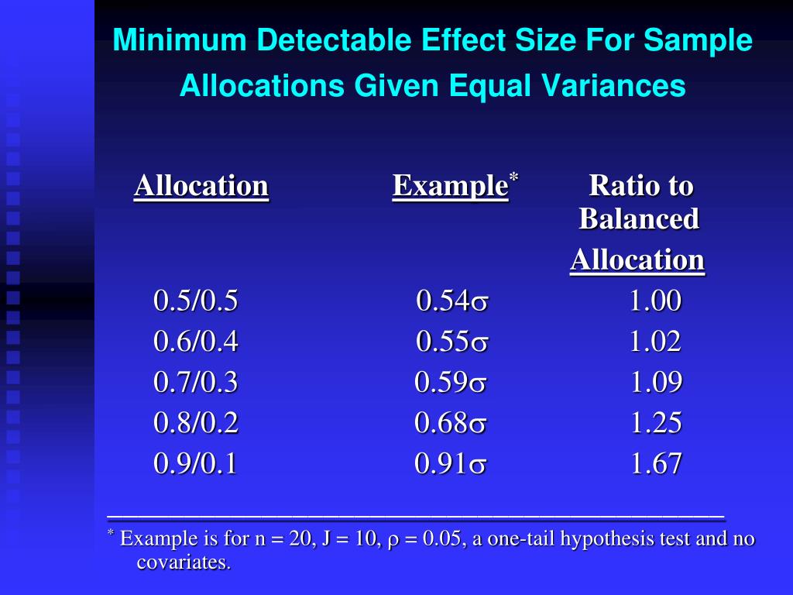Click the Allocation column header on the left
tap(201, 187)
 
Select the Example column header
tap(450, 187)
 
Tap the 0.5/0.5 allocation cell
tap(196, 301)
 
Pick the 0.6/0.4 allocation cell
tap(196, 342)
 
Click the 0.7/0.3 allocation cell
tap(196, 383)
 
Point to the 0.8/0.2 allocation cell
tap(196, 423)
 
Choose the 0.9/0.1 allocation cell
tap(196, 464)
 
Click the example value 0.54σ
tap(452, 301)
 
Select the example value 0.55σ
tap(452, 342)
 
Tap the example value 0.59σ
tap(451, 383)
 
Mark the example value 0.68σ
tap(451, 423)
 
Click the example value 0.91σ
tap(451, 464)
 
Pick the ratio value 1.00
tap(655, 301)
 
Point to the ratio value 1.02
tap(655, 342)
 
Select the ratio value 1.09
tap(655, 383)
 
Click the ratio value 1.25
tap(655, 423)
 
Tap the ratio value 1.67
tap(655, 464)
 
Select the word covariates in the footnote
tap(184, 562)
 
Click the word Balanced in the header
tap(639, 219)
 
